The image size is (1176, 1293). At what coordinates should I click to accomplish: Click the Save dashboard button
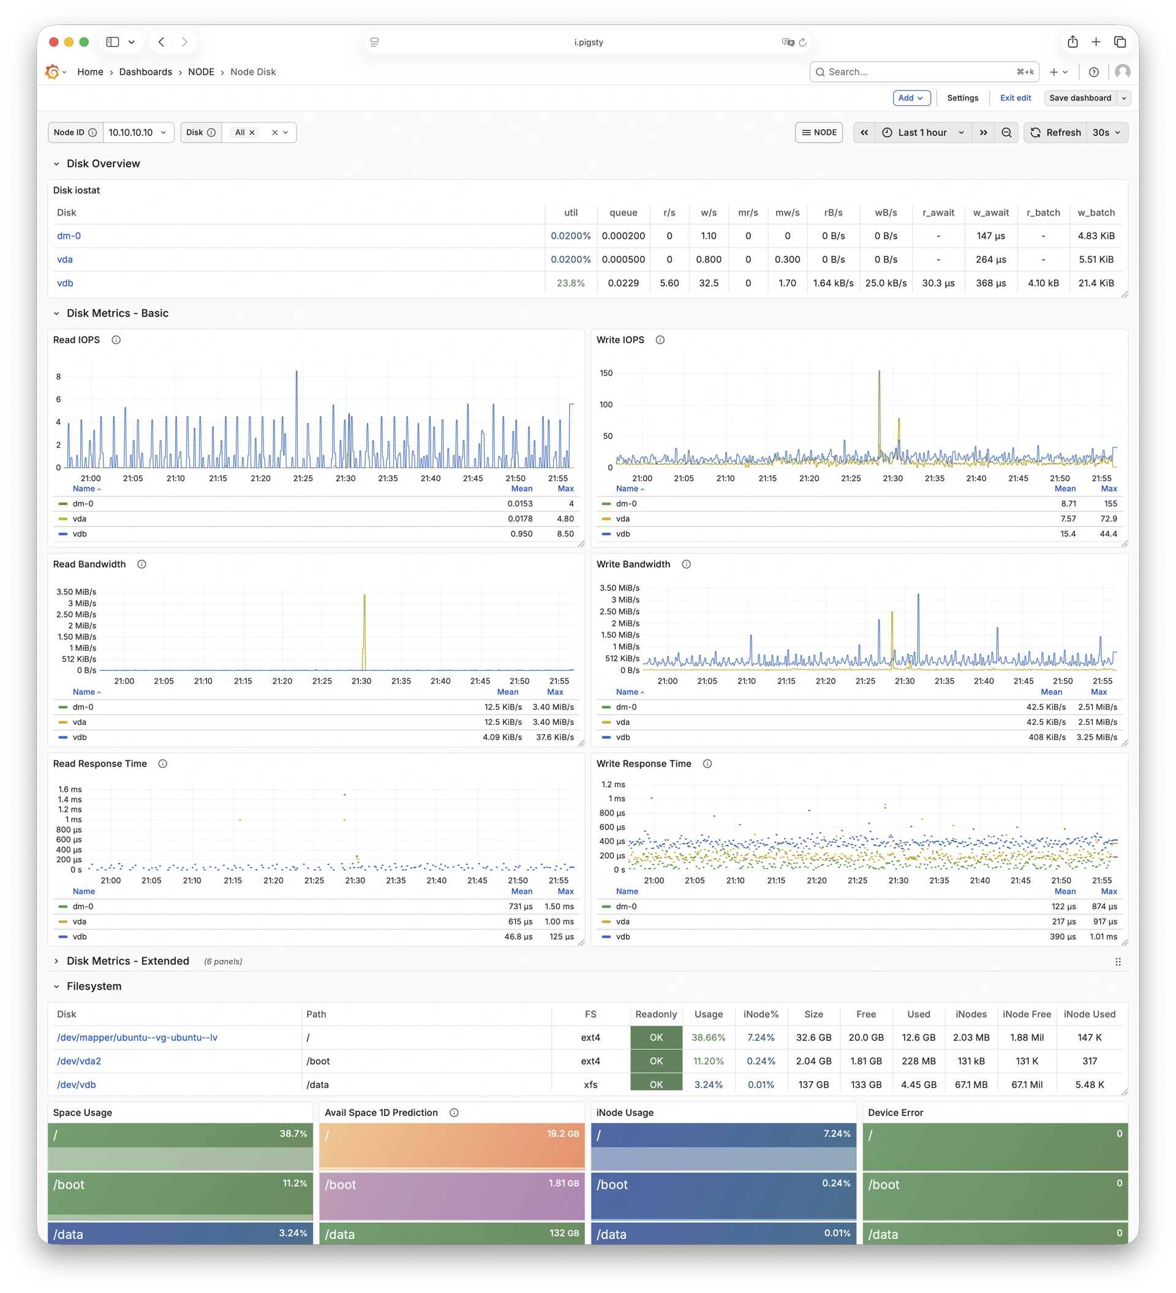[1080, 98]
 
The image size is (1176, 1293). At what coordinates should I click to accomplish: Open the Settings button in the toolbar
[962, 98]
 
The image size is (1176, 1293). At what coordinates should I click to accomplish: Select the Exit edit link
[1015, 98]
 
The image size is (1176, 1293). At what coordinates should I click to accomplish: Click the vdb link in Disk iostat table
[65, 283]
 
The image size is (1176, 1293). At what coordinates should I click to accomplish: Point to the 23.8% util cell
[570, 283]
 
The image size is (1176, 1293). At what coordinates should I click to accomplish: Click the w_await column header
[990, 213]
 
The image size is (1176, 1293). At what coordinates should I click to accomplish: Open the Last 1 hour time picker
[922, 133]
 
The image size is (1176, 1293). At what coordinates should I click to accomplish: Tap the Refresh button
[1055, 133]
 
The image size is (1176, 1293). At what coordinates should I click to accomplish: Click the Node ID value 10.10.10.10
[137, 133]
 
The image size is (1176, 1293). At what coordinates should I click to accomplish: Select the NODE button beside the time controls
[819, 133]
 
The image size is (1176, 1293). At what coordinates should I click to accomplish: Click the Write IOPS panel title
[620, 340]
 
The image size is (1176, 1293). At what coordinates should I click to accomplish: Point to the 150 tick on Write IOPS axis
[606, 373]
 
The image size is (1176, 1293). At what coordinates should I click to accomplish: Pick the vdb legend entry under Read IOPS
[80, 534]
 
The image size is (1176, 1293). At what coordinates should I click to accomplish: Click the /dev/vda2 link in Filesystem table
[79, 1061]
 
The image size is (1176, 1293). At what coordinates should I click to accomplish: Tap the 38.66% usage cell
[708, 1037]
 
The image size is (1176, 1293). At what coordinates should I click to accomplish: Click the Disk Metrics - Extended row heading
[127, 961]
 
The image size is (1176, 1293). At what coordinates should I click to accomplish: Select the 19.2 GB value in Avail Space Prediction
[563, 1134]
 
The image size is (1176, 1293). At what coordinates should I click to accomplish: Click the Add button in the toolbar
[911, 98]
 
